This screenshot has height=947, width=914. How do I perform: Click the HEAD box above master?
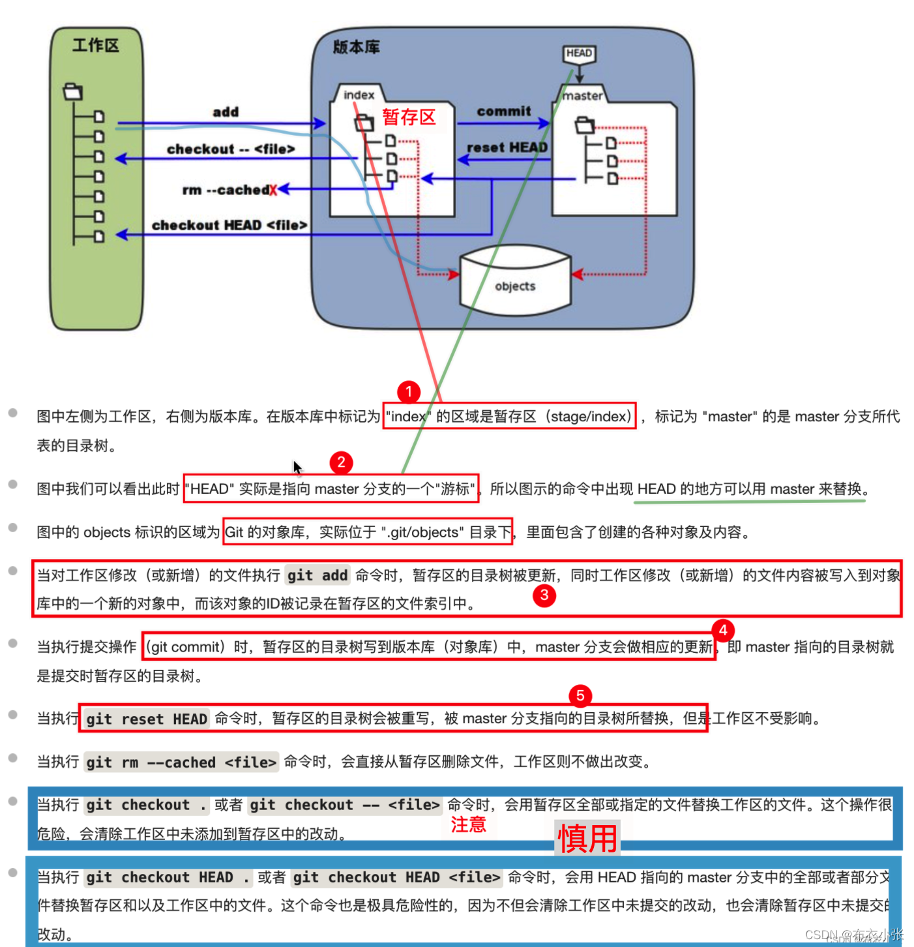tap(579, 53)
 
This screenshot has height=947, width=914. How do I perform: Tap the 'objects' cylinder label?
tap(515, 286)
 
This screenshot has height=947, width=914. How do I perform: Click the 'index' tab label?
tap(359, 95)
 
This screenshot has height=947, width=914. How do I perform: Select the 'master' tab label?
tap(582, 96)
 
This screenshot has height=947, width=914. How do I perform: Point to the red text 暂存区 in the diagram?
tap(409, 117)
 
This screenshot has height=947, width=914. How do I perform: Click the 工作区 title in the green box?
tap(96, 46)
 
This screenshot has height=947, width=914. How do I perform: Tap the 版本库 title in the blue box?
tap(356, 47)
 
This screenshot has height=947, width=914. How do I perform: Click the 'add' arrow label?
tap(226, 112)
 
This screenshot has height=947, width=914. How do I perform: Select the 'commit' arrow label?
tap(504, 112)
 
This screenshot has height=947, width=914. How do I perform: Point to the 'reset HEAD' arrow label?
tap(507, 147)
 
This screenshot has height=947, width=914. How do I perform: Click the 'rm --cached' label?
tap(226, 190)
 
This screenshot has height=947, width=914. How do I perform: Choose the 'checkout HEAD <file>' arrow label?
tap(229, 226)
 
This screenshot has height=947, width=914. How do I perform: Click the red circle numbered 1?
tap(409, 392)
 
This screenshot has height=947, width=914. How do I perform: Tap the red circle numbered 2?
tap(341, 462)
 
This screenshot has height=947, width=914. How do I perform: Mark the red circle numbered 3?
tap(544, 595)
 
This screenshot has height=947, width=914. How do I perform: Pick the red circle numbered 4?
tap(723, 630)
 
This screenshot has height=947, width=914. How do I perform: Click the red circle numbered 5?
tap(580, 695)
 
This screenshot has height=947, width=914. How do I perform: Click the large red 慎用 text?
tap(587, 838)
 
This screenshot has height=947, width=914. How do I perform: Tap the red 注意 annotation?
tap(469, 824)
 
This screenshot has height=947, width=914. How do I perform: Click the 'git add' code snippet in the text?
tap(317, 575)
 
